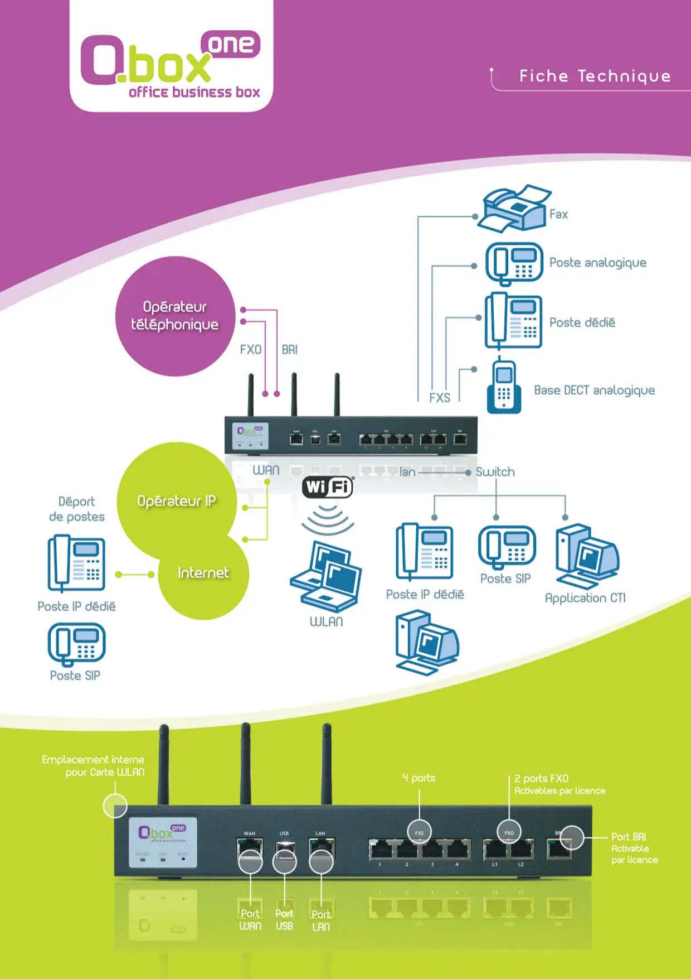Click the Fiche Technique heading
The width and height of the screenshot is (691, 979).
point(595,76)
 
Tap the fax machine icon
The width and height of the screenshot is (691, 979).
point(514,209)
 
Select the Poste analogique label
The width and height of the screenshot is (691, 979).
point(597,263)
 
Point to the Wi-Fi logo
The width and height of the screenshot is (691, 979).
point(328,487)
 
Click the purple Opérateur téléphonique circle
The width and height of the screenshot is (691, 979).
point(175,316)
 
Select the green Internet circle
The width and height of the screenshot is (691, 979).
point(203,573)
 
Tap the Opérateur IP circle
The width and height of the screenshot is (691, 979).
point(177,500)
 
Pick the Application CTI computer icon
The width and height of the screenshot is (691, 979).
point(586,556)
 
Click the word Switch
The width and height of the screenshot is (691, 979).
point(495,472)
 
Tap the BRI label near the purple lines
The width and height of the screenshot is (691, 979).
point(289,350)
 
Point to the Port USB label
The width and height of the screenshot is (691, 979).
point(284,920)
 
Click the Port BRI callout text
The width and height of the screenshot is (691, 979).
point(634,848)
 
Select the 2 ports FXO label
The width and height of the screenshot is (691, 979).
point(541,778)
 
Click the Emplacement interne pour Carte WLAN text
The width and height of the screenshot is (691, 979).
point(93,766)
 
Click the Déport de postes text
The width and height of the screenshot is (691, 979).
point(76,509)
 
